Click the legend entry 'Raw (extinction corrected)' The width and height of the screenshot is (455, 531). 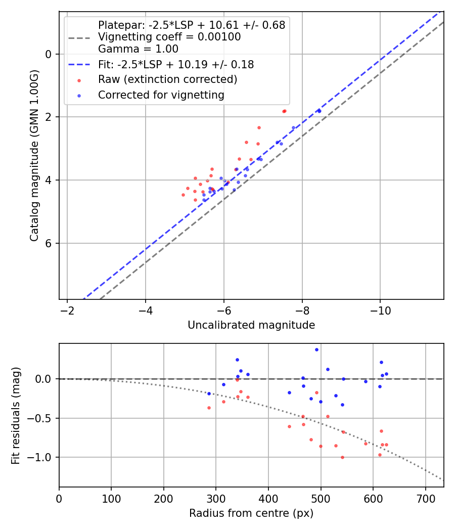point(167,80)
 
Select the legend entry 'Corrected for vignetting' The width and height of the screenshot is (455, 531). point(161,95)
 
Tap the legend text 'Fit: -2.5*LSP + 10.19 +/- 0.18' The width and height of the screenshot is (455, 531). point(176,65)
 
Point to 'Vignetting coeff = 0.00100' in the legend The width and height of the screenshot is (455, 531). point(169,37)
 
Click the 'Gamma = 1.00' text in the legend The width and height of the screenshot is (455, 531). point(138,49)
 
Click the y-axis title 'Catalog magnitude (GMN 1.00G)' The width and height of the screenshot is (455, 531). point(34,155)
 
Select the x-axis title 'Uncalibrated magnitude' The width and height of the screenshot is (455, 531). point(251,325)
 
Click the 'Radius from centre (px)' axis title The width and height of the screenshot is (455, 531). point(251,513)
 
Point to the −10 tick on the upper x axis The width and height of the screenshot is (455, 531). point(380,311)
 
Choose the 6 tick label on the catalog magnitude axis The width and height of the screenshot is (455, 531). point(49,243)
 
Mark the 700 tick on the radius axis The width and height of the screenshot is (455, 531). point(425,499)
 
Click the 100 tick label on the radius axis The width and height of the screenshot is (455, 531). point(111,499)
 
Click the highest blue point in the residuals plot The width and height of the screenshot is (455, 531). point(316,349)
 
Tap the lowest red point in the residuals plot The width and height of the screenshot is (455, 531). point(342,457)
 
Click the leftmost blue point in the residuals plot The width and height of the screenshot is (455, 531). point(209,393)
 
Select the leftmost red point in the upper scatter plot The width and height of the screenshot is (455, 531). point(183,195)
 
